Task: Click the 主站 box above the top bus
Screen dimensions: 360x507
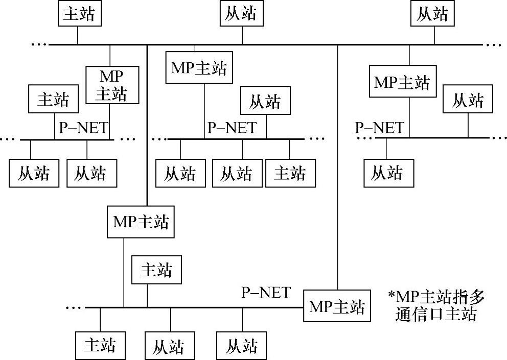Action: point(78,14)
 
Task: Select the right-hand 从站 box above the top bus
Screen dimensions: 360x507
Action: point(433,14)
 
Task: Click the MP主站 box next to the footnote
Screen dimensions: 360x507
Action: point(337,306)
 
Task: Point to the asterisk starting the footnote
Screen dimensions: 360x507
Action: point(391,297)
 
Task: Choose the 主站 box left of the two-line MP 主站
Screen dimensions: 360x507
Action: point(53,99)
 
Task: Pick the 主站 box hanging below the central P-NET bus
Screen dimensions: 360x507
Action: point(290,173)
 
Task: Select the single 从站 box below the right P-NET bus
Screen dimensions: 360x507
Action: point(386,173)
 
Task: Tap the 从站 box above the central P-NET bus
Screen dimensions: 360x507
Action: point(265,101)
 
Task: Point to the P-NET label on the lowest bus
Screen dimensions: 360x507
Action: point(266,293)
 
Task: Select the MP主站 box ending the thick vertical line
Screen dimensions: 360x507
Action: point(141,222)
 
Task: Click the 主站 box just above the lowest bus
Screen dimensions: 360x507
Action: point(156,270)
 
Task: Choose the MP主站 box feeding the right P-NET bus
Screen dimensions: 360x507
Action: point(402,82)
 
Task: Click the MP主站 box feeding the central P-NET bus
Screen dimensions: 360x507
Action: point(198,68)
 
